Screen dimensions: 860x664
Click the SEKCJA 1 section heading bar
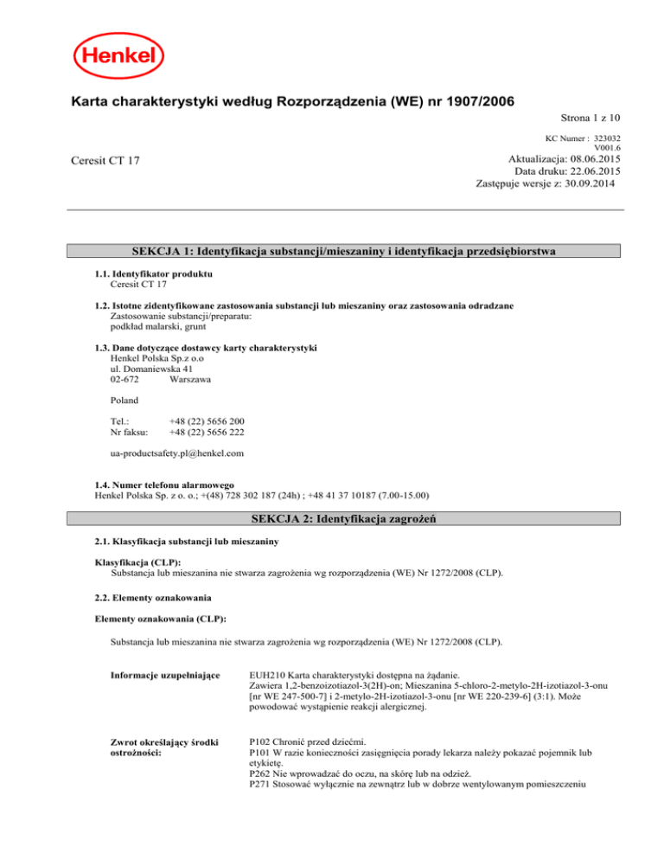point(343,251)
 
